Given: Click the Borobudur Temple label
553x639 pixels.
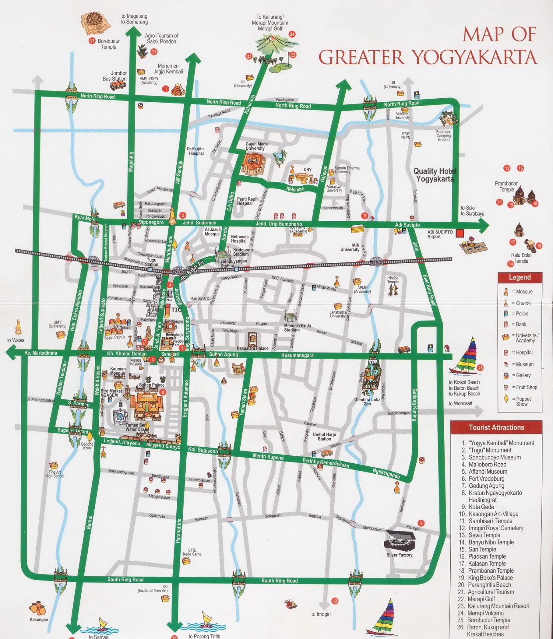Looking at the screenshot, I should click(108, 44).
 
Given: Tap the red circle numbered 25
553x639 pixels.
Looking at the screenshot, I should click(92, 41).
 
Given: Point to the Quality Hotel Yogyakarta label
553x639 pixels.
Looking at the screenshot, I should click(435, 175).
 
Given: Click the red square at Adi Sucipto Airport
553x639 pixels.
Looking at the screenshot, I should click(460, 232).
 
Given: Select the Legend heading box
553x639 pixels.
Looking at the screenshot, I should click(519, 278).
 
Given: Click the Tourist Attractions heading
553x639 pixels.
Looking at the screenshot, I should click(496, 427).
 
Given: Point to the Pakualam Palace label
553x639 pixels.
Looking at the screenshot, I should click(252, 348).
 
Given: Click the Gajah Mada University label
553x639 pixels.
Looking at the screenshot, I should click(256, 146).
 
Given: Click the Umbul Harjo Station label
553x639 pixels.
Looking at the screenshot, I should click(324, 436).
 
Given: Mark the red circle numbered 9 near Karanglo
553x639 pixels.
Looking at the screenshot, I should click(420, 523).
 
